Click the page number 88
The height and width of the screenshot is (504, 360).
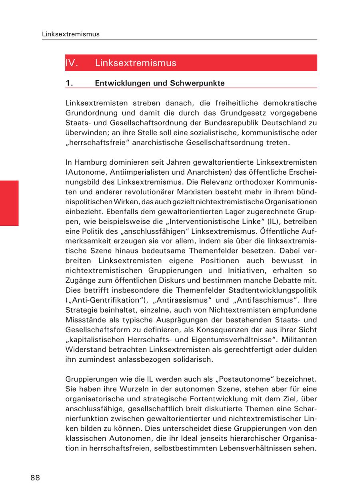35,478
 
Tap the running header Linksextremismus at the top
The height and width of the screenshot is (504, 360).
70,34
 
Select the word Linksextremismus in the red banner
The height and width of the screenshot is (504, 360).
136,63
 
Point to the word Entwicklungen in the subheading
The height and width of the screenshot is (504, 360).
118,84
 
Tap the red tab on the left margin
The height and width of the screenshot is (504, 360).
9,203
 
